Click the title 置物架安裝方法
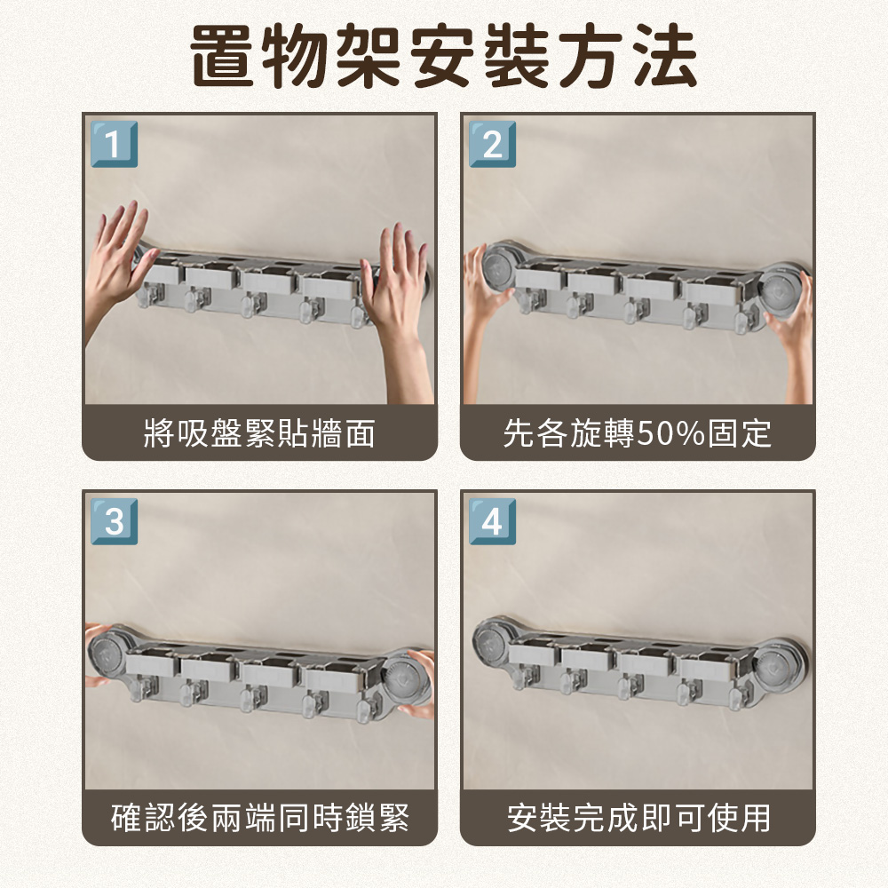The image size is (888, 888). click(x=444, y=58)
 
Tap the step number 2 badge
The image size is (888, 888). click(x=492, y=144)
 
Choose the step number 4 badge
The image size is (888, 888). click(x=492, y=521)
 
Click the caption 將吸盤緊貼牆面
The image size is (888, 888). click(x=259, y=434)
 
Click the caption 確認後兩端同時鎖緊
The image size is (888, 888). click(x=259, y=817)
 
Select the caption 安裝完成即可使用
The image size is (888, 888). click(x=638, y=817)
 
